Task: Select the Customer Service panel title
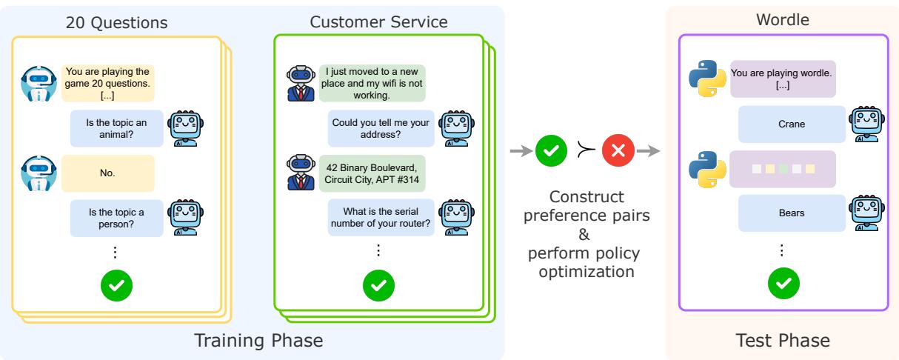pyautogui.click(x=378, y=22)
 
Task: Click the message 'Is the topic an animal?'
pyautogui.click(x=116, y=128)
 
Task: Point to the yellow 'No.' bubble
pyautogui.click(x=108, y=173)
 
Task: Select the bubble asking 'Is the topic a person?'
pyautogui.click(x=116, y=219)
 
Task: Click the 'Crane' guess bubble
pyautogui.click(x=791, y=124)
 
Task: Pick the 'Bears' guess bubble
pyautogui.click(x=791, y=213)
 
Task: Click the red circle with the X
pyautogui.click(x=618, y=151)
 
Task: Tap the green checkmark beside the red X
pyautogui.click(x=550, y=151)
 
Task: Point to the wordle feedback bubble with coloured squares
pyautogui.click(x=782, y=169)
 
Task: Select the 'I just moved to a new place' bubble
pyautogui.click(x=372, y=83)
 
